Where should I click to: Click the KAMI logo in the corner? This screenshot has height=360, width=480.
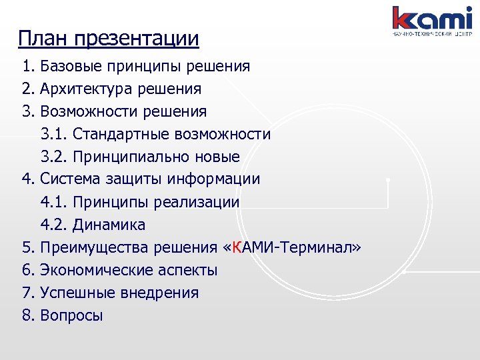(x=432, y=20)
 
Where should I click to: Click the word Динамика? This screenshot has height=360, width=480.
(x=109, y=225)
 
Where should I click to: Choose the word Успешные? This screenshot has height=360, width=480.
(x=73, y=293)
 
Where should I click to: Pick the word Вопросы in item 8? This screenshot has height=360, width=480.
(x=71, y=315)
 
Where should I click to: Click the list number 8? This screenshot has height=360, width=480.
(x=27, y=315)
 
